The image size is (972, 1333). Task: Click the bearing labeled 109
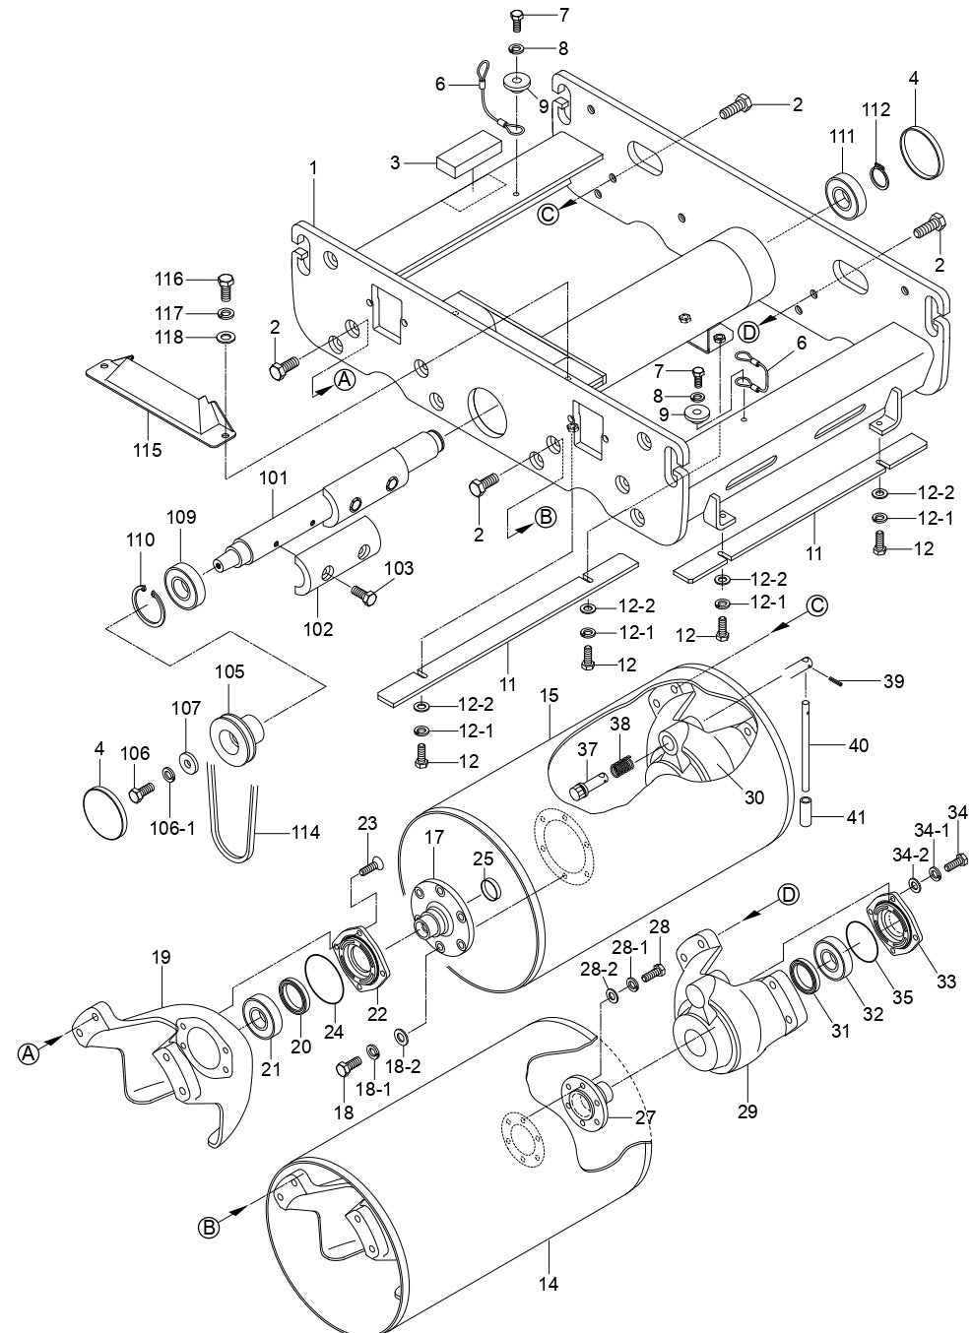(x=185, y=582)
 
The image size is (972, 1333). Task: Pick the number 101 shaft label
(x=273, y=478)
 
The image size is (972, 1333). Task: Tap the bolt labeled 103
(x=362, y=594)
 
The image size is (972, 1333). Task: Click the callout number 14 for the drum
(x=549, y=1283)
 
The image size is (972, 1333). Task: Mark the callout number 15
(x=549, y=696)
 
